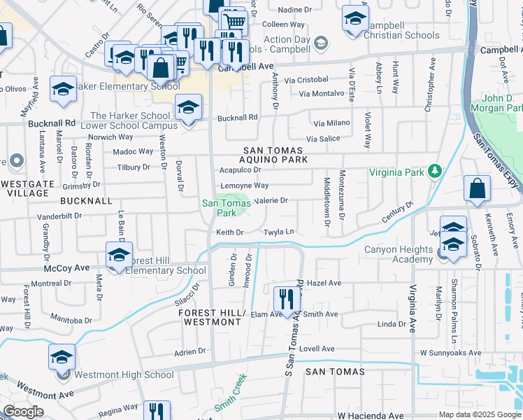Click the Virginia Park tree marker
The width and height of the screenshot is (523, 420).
point(435,170)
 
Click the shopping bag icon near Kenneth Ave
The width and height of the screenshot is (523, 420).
point(477,189)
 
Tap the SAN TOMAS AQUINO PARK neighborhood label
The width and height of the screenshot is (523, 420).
point(275,155)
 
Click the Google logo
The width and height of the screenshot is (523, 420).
point(23,412)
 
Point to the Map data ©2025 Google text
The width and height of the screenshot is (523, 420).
point(479,414)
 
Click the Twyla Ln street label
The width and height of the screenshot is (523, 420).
point(278,232)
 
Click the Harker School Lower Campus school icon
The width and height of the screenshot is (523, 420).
point(187,108)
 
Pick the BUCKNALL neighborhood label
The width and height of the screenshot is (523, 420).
point(86,200)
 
